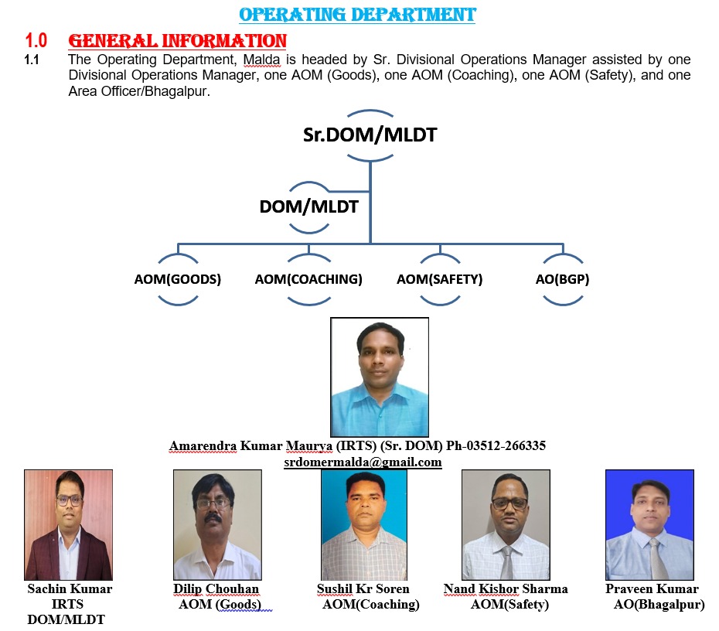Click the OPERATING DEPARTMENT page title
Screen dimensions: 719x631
pos(357,15)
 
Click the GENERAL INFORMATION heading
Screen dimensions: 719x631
pos(178,41)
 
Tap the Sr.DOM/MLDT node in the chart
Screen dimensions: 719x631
pos(370,135)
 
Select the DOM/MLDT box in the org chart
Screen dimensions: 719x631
pos(309,206)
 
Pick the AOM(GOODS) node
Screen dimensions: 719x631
pos(178,279)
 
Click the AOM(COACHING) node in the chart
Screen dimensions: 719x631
pos(308,279)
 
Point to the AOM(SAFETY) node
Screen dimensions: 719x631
pos(440,279)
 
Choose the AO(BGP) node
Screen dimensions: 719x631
pos(563,279)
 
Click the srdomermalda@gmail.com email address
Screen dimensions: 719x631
pos(363,462)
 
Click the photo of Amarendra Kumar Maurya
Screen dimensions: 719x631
pos(380,377)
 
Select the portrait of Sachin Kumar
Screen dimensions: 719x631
pos(68,524)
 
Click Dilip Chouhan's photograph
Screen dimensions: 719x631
pos(217,524)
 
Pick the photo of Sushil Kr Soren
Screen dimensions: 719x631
pos(364,524)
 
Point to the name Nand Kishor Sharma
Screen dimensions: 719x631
pos(506,588)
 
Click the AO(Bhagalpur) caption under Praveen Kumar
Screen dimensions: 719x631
pos(659,605)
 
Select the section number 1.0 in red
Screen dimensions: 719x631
pos(36,41)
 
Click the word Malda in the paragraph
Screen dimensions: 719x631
pos(261,60)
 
